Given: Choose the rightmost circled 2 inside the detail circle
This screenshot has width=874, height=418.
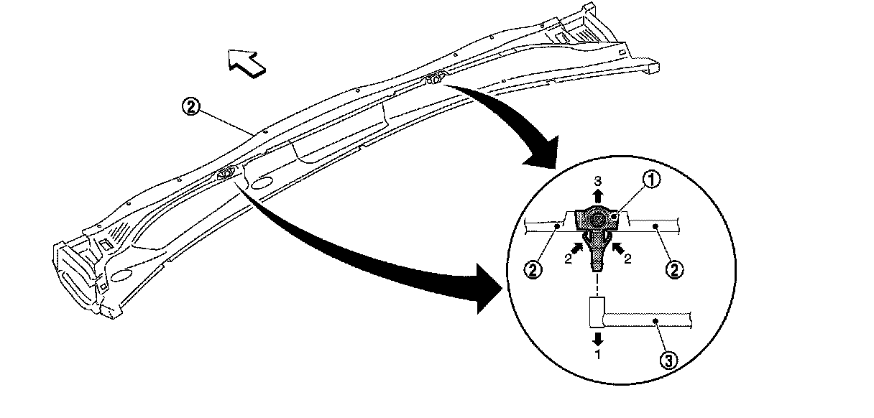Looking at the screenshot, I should click(x=675, y=270).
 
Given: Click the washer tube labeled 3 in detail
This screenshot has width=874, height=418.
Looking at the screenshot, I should click(x=647, y=317).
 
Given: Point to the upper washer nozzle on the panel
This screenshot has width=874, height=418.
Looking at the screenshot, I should click(x=434, y=77).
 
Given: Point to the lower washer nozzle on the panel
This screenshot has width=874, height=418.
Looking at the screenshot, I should click(x=225, y=172).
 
